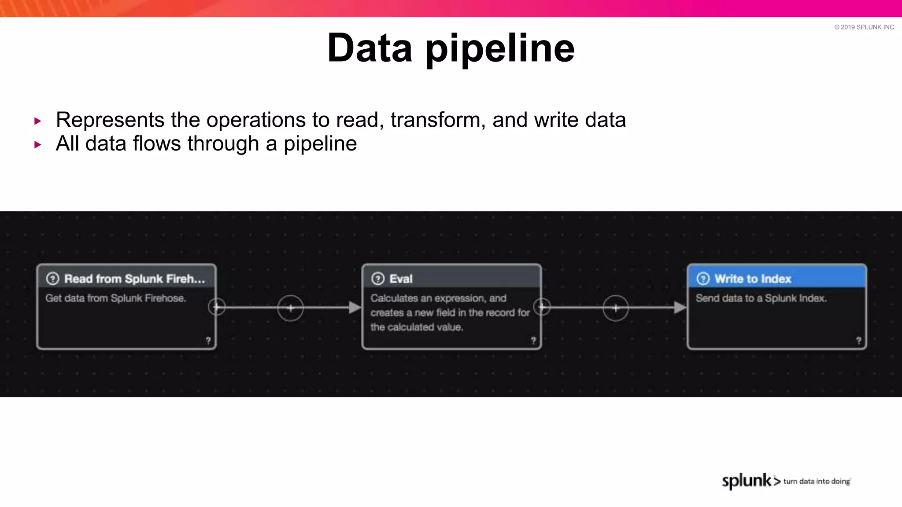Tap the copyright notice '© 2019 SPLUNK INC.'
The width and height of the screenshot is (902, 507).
coord(865,27)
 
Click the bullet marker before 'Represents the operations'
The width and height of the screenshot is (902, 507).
coord(38,121)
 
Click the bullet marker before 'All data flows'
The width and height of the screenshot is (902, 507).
coord(38,144)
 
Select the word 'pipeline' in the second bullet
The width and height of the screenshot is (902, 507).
coord(320,144)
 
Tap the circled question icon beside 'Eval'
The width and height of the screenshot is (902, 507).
coord(378,279)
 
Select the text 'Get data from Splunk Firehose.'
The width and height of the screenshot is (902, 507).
coord(115,298)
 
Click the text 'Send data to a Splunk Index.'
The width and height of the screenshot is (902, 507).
coord(761,298)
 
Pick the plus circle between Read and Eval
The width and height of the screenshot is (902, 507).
coord(290,308)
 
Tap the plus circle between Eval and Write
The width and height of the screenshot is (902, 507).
coord(615,308)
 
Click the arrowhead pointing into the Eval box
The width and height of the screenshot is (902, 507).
coord(355,308)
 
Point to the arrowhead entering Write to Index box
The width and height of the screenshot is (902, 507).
coord(680,308)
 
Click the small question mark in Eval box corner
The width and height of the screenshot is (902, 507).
coord(533,340)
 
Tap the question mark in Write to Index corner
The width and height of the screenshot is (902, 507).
coord(858,340)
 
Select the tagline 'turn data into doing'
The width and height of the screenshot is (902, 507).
coord(817,481)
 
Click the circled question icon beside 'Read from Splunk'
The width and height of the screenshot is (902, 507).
coord(52,279)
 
